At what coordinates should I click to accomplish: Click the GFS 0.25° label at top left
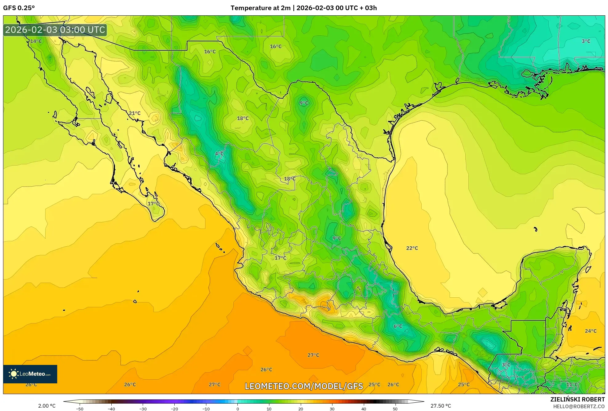click(x=19, y=8)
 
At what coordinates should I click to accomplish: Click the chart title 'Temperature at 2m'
click(x=260, y=8)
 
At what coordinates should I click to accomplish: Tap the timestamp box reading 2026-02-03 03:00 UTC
click(x=55, y=30)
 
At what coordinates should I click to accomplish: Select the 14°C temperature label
click(x=36, y=41)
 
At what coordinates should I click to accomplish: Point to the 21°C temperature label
click(x=134, y=113)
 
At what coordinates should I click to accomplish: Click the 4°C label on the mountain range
click(x=219, y=154)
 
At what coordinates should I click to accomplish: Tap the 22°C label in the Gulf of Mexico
click(x=412, y=248)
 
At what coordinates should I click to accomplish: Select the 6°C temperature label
click(x=398, y=326)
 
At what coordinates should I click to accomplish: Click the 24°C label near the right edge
click(x=590, y=331)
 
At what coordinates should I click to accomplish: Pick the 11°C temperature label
click(x=572, y=384)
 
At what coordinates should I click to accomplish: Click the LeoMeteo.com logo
click(x=30, y=374)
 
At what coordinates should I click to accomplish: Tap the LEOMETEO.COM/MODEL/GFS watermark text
click(x=304, y=386)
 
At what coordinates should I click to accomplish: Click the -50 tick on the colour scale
click(x=80, y=409)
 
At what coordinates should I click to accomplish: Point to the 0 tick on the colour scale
click(x=237, y=409)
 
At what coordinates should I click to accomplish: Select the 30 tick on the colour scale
click(x=332, y=409)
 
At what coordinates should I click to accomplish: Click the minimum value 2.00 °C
click(x=47, y=406)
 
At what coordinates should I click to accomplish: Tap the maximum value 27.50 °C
click(x=441, y=406)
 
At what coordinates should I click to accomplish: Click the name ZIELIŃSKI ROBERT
click(x=577, y=399)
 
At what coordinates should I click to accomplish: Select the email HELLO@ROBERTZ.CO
click(x=579, y=406)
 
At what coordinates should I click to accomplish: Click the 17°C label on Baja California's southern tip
click(x=153, y=203)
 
